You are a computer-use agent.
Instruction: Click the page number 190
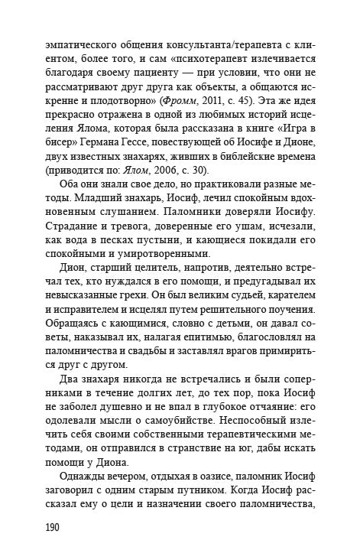tap(35, 528)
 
